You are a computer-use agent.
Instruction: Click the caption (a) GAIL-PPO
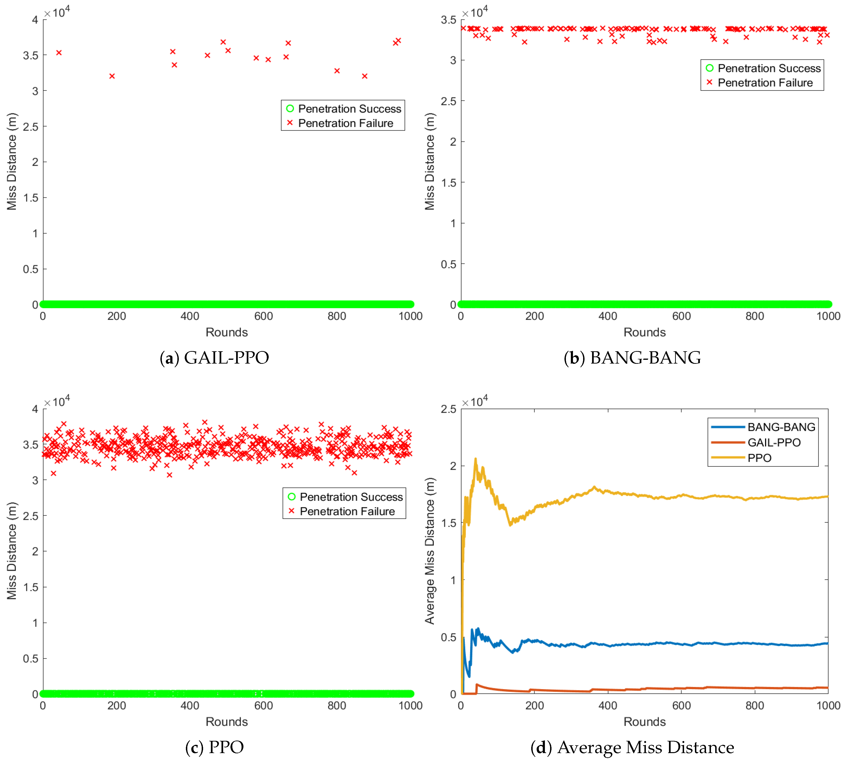[x=214, y=357]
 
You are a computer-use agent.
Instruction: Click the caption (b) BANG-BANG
[x=632, y=357]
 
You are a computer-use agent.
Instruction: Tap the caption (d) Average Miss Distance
[x=632, y=747]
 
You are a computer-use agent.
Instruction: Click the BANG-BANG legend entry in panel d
[x=781, y=427]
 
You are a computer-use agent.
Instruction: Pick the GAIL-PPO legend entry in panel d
[x=774, y=442]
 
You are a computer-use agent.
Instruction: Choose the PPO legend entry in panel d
[x=759, y=458]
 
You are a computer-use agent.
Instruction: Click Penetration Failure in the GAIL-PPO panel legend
[x=345, y=123]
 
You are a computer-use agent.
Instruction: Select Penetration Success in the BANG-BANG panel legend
[x=769, y=68]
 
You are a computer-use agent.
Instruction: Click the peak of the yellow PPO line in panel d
[x=475, y=459]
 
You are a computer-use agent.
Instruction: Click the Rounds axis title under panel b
[x=644, y=332]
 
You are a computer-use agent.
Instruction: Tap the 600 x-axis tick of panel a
[x=263, y=316]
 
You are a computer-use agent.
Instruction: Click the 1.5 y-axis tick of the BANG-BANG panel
[x=448, y=183]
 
